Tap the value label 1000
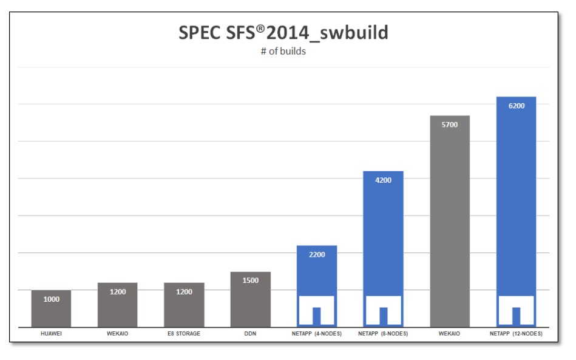point(51,299)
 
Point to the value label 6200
point(516,106)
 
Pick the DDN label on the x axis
point(250,334)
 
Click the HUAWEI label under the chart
point(51,334)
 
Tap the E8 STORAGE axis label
point(184,334)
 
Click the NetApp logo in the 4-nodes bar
point(316,310)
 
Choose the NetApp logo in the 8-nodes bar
point(383,310)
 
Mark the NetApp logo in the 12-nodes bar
point(516,310)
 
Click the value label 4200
point(383,180)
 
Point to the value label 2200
point(316,254)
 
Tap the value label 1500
point(250,280)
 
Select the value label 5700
point(449,124)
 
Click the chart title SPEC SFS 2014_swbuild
point(283,33)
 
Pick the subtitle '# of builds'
point(283,52)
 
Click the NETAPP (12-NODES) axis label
point(516,334)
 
